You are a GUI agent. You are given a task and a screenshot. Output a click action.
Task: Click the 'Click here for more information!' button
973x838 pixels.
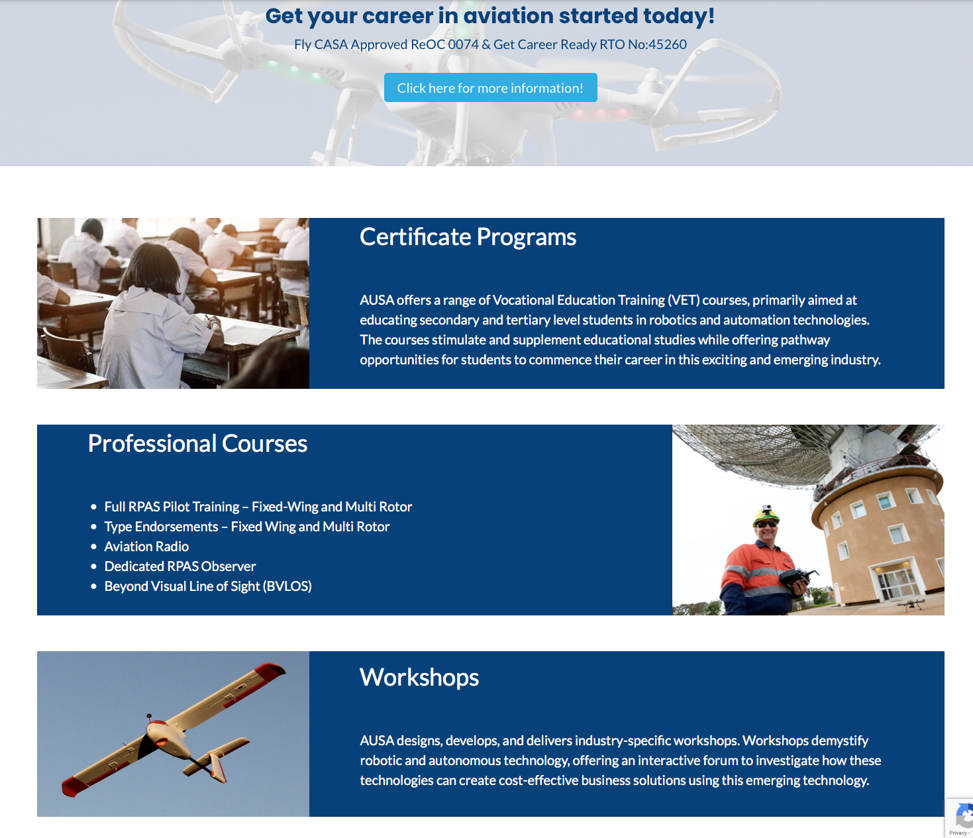click(491, 87)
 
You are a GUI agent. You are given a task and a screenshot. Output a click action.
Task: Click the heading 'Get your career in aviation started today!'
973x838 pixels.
click(490, 16)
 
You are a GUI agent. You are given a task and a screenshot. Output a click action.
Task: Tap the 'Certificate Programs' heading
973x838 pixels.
click(468, 236)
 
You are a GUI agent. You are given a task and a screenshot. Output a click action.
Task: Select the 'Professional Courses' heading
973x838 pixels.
click(197, 443)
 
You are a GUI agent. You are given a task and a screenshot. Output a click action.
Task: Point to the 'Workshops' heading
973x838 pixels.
click(419, 677)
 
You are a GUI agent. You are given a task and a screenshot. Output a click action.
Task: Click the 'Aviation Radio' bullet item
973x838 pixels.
click(146, 546)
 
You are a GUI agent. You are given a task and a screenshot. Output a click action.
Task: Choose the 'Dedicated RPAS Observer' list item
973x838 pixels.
click(179, 566)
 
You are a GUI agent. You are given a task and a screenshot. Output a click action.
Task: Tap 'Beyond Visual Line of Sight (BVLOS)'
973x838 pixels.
click(208, 586)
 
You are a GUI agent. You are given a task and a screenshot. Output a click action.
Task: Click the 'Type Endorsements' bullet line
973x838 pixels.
click(247, 527)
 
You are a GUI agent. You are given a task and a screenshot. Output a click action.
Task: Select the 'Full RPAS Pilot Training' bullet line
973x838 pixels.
click(258, 507)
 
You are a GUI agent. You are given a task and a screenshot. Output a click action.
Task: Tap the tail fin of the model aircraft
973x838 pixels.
click(217, 766)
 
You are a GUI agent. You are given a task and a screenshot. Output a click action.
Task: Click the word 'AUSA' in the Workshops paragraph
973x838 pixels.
click(377, 741)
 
